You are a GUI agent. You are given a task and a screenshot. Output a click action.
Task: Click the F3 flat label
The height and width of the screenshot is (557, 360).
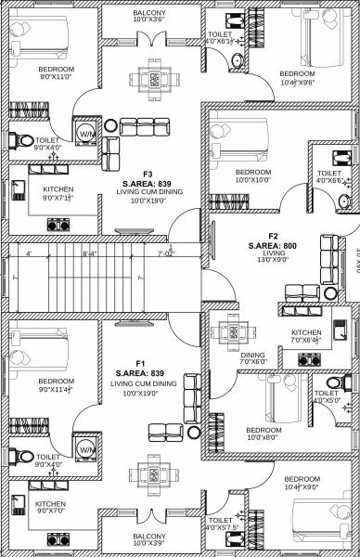pyautogui.click(x=148, y=174)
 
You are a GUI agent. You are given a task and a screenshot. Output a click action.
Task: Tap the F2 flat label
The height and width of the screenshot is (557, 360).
pyautogui.click(x=274, y=236)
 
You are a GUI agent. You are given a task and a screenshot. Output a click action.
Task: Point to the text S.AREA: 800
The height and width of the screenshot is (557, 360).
pyautogui.click(x=274, y=245)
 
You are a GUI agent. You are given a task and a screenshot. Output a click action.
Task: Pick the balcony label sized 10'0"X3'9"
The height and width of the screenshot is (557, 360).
pyautogui.click(x=148, y=540)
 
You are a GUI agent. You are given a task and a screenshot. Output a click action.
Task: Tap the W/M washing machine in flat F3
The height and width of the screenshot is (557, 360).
pyautogui.click(x=85, y=132)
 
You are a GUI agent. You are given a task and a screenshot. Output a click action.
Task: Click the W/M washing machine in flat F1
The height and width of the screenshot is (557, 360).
pyautogui.click(x=85, y=449)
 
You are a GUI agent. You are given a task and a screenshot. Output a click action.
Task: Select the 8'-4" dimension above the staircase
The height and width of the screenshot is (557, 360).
pyautogui.click(x=90, y=253)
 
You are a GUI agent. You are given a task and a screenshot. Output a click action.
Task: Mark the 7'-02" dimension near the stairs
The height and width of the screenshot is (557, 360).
pyautogui.click(x=166, y=253)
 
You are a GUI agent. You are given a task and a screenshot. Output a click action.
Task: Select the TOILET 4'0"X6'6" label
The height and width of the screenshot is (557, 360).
pyautogui.click(x=329, y=176)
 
